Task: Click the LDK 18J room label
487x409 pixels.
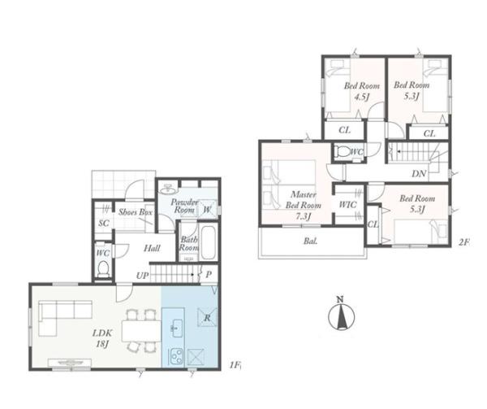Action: tap(102, 338)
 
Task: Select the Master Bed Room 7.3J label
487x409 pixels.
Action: tap(303, 206)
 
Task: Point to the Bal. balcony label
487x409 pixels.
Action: tap(310, 241)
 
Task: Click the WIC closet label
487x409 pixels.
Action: tap(347, 205)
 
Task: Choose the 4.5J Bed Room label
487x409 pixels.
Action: tap(361, 91)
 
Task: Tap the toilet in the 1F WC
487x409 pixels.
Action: tap(103, 268)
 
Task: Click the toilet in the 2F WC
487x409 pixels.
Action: tap(343, 152)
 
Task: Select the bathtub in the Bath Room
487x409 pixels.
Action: tap(208, 242)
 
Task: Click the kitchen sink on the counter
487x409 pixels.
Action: tap(176, 329)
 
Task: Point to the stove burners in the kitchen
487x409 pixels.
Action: tap(176, 357)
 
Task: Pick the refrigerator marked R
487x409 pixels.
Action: tap(207, 317)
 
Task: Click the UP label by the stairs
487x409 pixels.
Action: tap(142, 276)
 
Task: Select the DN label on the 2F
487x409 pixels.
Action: tap(419, 174)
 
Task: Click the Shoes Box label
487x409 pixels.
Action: tap(135, 212)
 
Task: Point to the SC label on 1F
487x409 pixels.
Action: tap(104, 223)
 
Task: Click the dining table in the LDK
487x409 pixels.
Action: tap(141, 331)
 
